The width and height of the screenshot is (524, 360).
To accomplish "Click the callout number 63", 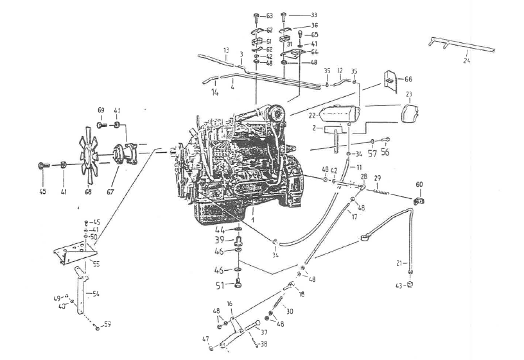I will click(269, 15).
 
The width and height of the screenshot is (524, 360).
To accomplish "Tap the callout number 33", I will click(313, 15).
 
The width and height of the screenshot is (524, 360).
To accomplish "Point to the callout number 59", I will click(107, 324).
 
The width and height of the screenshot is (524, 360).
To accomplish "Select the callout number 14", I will click(214, 92).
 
